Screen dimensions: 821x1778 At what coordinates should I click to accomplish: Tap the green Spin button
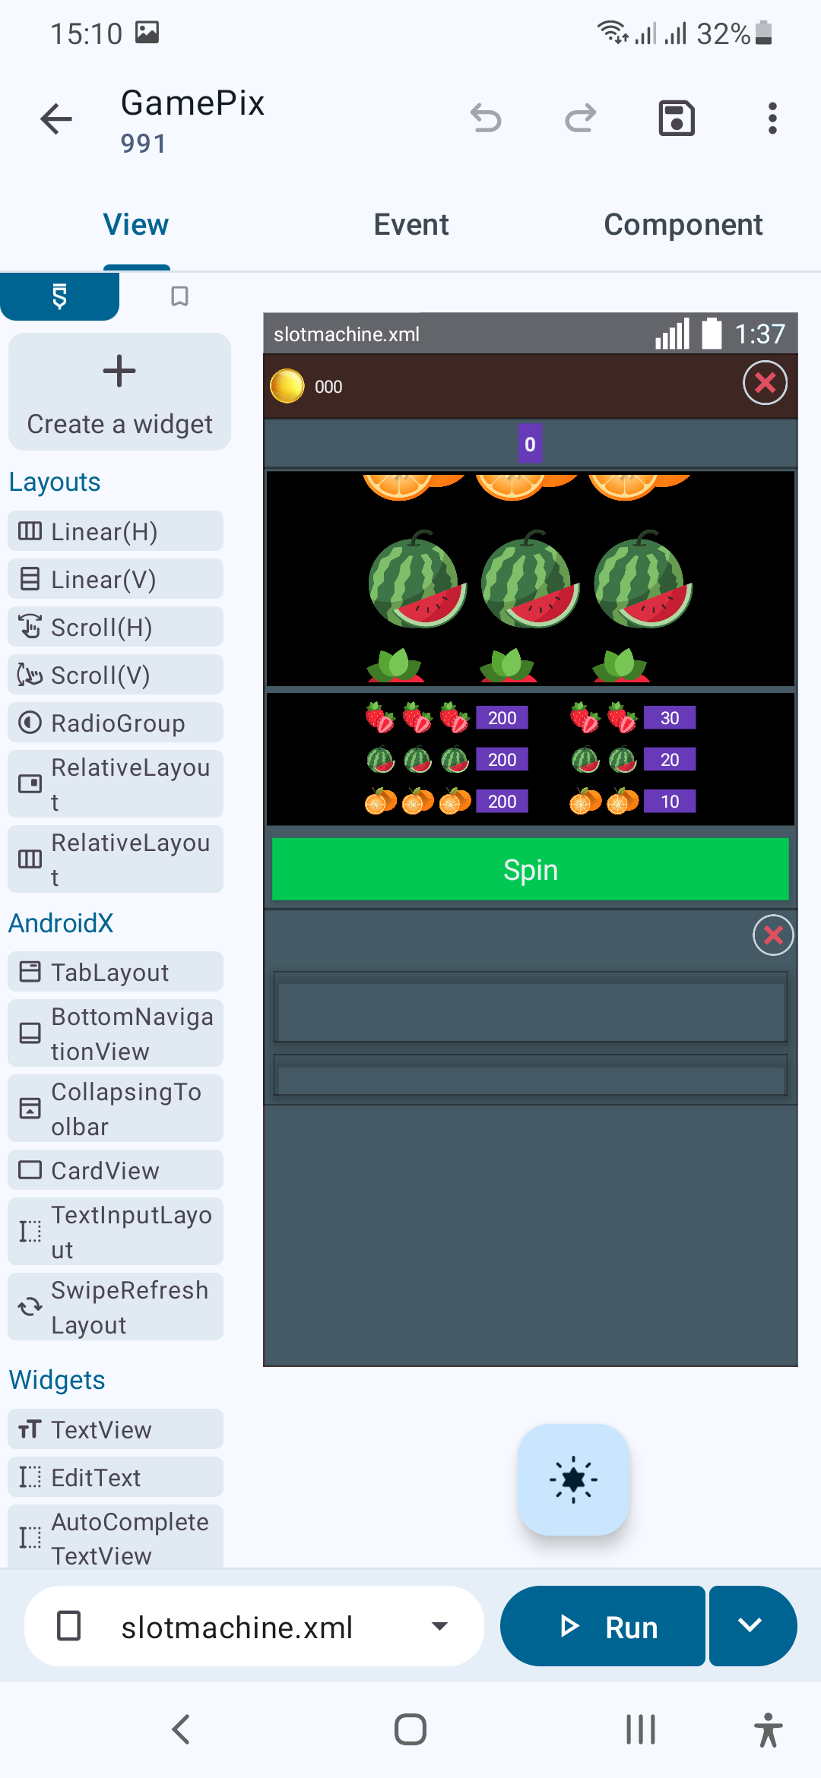click(530, 869)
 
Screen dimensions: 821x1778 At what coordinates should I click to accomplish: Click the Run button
click(602, 1626)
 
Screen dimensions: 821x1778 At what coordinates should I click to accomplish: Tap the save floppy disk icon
click(676, 119)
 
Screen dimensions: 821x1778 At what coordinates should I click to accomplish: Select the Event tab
click(411, 225)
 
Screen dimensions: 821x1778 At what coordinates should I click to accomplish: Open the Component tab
click(683, 225)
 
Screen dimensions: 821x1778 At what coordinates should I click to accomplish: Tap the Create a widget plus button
click(119, 392)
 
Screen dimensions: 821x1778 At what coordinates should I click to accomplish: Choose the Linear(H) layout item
click(116, 531)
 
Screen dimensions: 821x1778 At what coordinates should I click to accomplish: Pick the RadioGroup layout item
click(116, 723)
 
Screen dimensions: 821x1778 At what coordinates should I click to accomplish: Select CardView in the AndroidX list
click(116, 1170)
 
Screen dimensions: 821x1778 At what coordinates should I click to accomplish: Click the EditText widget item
click(116, 1477)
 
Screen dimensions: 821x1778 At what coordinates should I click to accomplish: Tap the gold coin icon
click(287, 386)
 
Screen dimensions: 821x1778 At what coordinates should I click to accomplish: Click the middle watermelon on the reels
click(530, 580)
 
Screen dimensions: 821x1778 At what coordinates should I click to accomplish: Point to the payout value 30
click(670, 718)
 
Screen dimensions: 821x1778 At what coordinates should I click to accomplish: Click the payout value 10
click(670, 802)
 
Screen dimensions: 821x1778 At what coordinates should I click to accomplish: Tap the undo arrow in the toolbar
click(486, 119)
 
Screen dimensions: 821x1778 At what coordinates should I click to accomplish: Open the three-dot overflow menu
click(772, 119)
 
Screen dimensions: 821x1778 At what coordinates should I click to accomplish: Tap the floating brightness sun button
click(574, 1479)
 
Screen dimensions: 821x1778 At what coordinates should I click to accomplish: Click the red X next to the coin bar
click(765, 383)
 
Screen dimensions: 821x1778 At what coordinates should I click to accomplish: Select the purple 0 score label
click(530, 444)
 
